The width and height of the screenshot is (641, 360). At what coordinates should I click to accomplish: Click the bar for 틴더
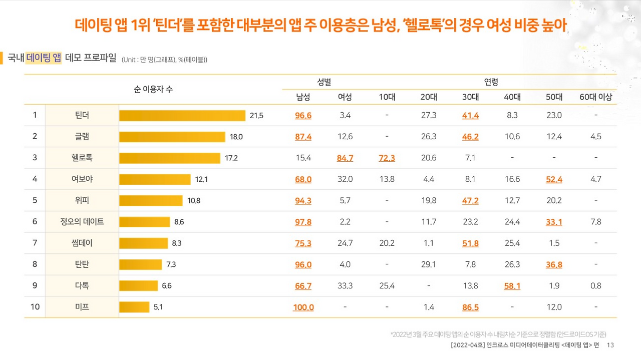pos(182,116)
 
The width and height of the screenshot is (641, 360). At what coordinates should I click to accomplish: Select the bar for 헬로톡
pos(170,158)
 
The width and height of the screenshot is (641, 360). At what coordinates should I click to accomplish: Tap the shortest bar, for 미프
pos(134,307)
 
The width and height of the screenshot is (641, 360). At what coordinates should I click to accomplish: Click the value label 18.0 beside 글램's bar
pos(236,137)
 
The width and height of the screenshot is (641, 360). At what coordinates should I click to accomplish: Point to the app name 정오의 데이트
pos(82,222)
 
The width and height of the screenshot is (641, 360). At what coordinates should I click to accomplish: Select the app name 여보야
pos(82,179)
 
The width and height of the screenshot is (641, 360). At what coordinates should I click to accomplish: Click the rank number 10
pos(35,307)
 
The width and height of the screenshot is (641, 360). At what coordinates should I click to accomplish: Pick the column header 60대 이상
pos(595,97)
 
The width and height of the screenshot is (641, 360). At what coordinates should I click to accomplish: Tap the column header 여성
pos(345,97)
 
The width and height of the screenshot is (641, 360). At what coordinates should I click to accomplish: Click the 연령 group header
pos(491,81)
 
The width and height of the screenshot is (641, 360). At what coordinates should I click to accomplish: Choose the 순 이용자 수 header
pos(153,89)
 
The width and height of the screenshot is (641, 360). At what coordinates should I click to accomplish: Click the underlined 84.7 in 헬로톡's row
pos(345,158)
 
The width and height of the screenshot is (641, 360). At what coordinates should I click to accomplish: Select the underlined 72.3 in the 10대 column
pos(387,158)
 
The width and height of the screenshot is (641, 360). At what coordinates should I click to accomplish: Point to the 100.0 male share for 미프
pos(303,307)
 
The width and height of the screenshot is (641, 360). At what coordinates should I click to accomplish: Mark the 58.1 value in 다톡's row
pos(512,286)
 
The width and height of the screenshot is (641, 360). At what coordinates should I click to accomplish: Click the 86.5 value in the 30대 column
pos(470,307)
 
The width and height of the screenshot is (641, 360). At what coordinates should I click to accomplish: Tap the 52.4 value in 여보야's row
pos(554,179)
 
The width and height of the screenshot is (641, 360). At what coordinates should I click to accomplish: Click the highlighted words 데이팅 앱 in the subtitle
pos(44,58)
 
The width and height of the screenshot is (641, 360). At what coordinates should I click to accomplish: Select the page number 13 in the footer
pos(610,345)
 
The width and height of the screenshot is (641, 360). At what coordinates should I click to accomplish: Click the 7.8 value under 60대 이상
pos(595,222)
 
